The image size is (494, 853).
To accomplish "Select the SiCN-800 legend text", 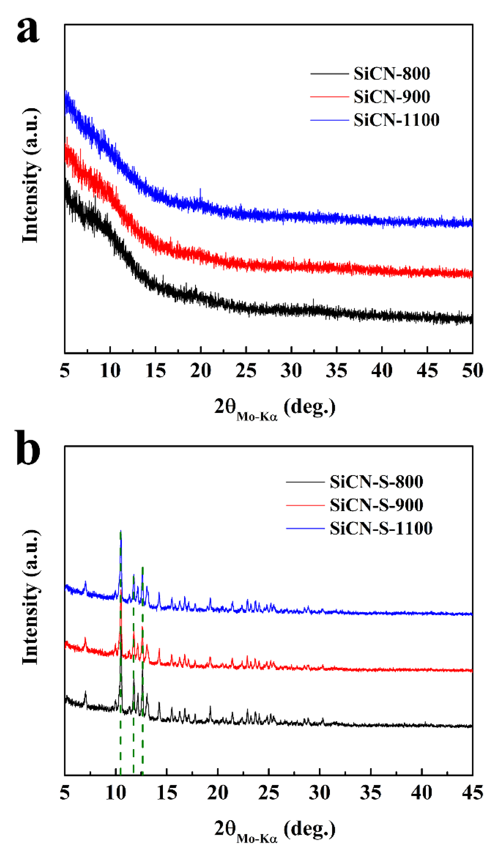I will coord(391,74).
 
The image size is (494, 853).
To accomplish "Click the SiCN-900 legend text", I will coord(391,97).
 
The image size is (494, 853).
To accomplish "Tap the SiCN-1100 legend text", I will coord(396,120).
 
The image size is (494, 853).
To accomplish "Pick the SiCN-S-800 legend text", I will coord(376,482).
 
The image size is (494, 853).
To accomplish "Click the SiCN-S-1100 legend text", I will coord(381,528).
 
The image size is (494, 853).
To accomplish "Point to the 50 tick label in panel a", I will coord(472,370).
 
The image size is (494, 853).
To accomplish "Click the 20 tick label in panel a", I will coord(200,370).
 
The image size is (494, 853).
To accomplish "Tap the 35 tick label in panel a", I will coord(336,370).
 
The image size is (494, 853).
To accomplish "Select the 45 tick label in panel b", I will coord(472,792).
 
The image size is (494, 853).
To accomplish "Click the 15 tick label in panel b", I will coord(166,792).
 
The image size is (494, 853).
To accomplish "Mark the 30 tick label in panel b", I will coord(320,792).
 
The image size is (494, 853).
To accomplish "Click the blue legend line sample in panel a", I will coord(329,120).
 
